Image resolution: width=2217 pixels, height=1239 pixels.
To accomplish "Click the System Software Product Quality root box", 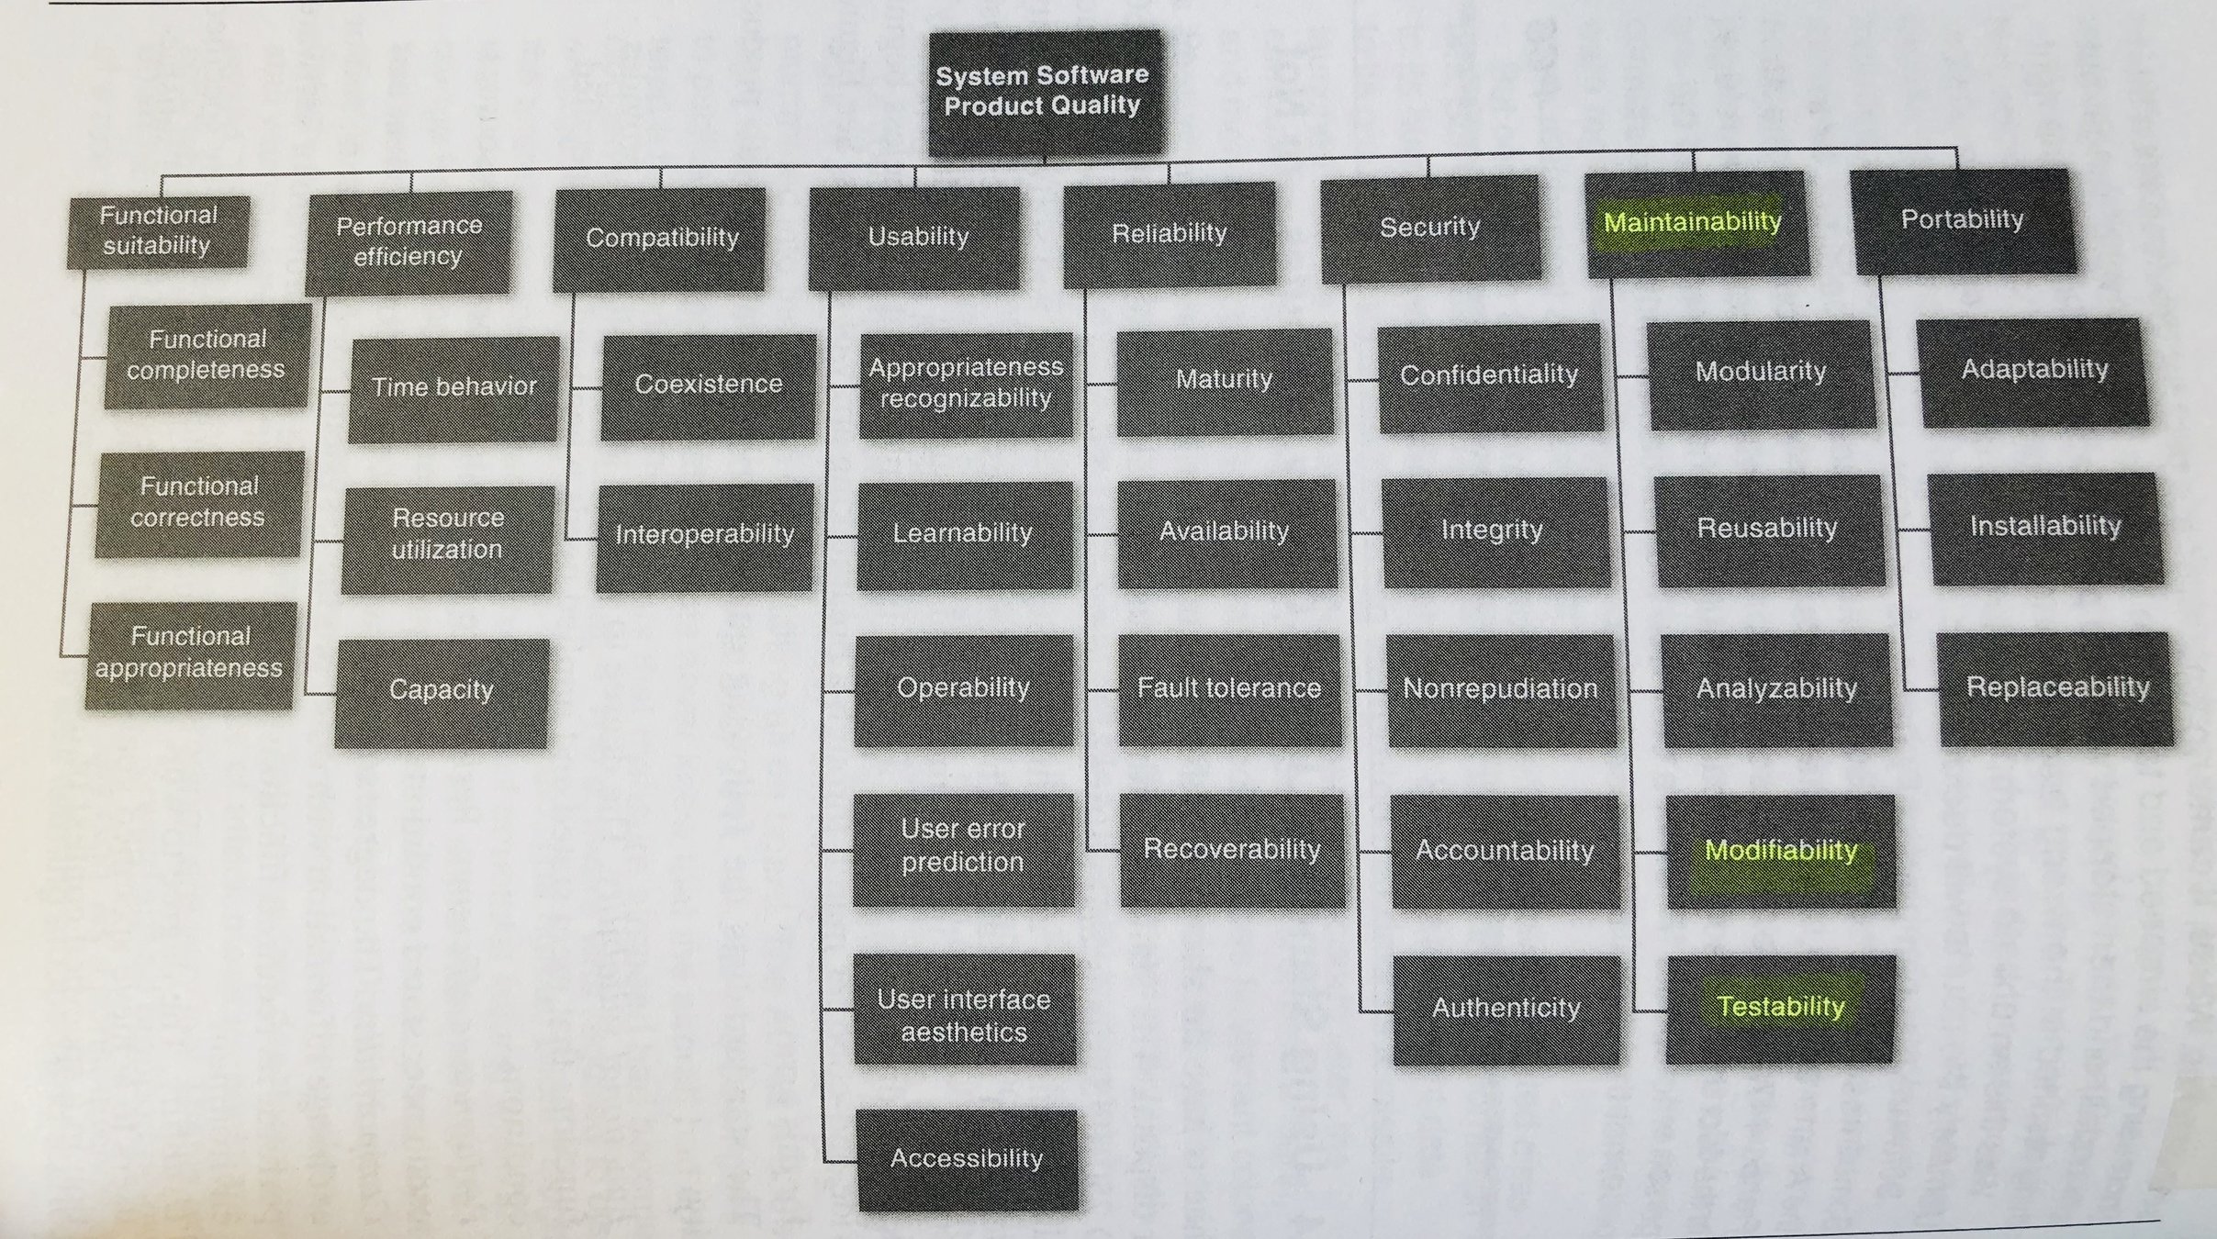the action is click(x=1043, y=92).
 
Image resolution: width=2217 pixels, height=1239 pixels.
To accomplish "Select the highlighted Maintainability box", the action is click(x=1695, y=223).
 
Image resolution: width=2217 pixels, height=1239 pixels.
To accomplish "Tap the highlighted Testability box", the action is click(x=1780, y=1008).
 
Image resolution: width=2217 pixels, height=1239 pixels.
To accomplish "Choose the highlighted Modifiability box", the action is click(x=1780, y=851).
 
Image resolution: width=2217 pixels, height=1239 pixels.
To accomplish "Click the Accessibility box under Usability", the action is click(x=967, y=1159).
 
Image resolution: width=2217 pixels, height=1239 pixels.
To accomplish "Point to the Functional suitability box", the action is click(x=158, y=231).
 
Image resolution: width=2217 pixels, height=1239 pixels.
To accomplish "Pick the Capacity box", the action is click(x=441, y=691).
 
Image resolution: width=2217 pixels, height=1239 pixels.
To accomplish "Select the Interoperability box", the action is click(x=704, y=536).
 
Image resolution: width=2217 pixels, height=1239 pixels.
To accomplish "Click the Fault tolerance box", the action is click(x=1228, y=689).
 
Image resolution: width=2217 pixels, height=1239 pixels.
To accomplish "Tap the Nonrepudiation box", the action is click(x=1500, y=690).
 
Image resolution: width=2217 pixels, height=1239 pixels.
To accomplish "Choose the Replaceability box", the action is click(x=2056, y=688).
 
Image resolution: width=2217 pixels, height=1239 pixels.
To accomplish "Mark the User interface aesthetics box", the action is click(x=964, y=1016).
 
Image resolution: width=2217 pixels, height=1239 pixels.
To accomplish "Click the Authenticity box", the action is click(x=1506, y=1010).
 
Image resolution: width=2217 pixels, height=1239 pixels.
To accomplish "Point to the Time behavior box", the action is click(x=453, y=388).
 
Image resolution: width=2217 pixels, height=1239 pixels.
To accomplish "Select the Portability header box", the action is click(x=1963, y=220).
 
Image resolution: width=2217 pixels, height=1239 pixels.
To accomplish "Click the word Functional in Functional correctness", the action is click(x=199, y=486).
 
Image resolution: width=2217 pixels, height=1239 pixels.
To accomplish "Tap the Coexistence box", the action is click(x=708, y=385).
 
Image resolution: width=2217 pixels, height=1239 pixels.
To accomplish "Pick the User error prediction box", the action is click(x=963, y=847).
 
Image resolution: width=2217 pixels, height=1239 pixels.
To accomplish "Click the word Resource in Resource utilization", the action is click(x=448, y=519).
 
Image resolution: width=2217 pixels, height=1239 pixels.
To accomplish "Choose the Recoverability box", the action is click(x=1231, y=850).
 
